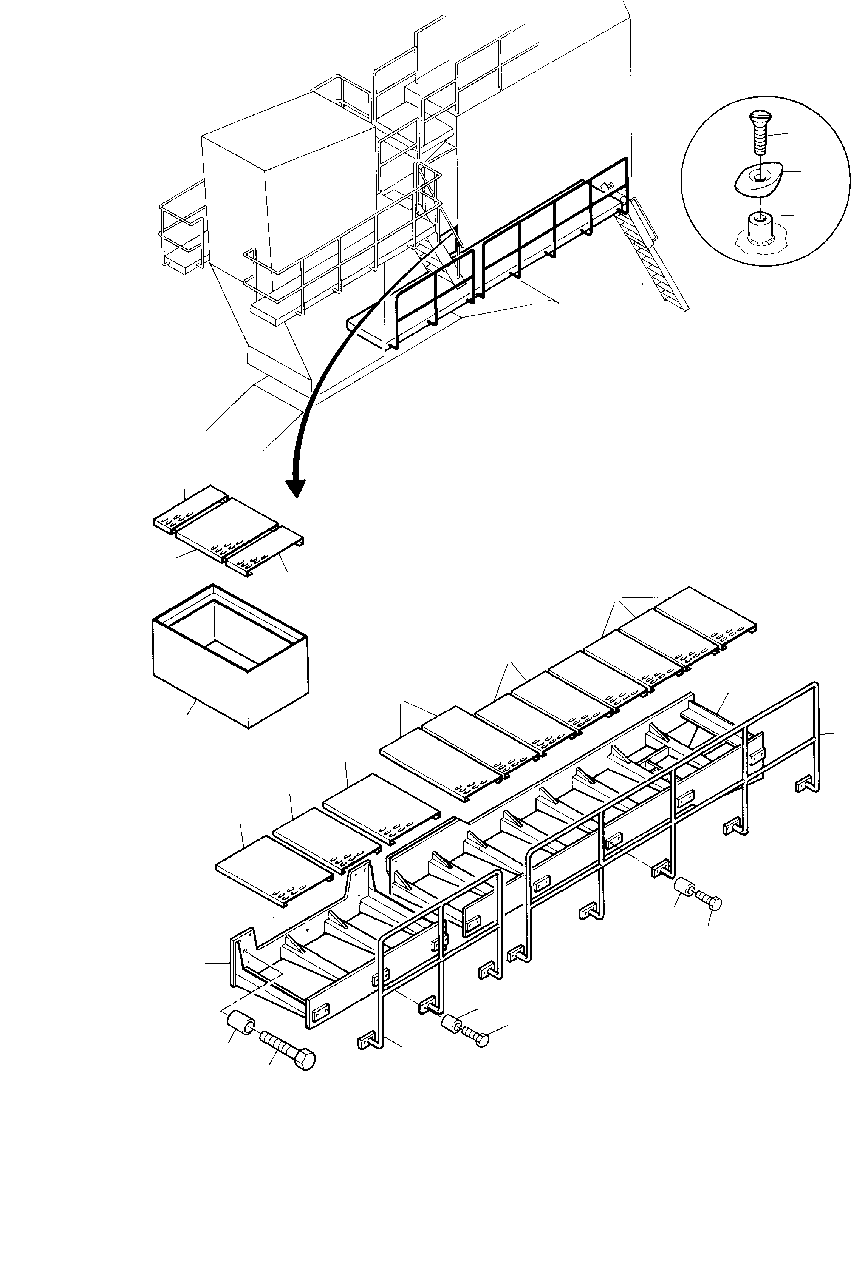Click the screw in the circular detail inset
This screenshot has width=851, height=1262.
758,130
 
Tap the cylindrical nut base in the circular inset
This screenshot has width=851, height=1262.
760,228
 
